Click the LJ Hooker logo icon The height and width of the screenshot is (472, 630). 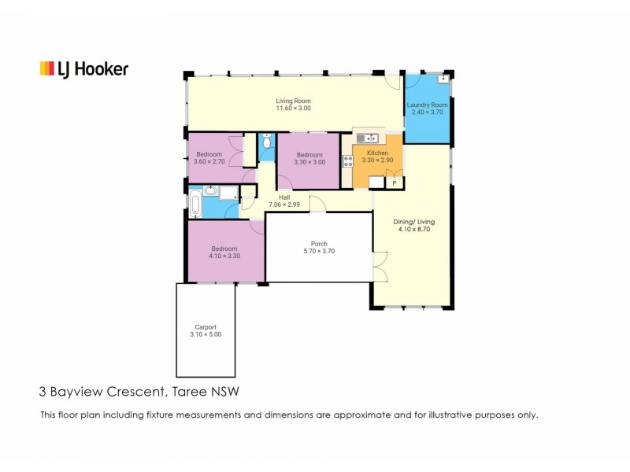46,69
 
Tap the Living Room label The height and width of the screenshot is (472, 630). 293,101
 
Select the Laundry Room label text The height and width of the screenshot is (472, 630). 427,105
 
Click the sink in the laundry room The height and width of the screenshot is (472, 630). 443,79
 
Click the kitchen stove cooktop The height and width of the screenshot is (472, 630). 346,160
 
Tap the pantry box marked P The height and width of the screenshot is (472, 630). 394,183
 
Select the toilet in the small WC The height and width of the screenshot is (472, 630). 267,142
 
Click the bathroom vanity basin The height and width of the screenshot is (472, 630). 211,190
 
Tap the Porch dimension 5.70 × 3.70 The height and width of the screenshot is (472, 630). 319,252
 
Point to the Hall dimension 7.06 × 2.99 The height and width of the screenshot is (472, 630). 283,205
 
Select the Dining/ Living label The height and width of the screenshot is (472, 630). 413,222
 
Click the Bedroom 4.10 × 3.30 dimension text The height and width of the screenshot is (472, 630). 224,256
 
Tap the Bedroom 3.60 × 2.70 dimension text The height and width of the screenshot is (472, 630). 209,162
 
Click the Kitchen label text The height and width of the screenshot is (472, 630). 377,152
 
